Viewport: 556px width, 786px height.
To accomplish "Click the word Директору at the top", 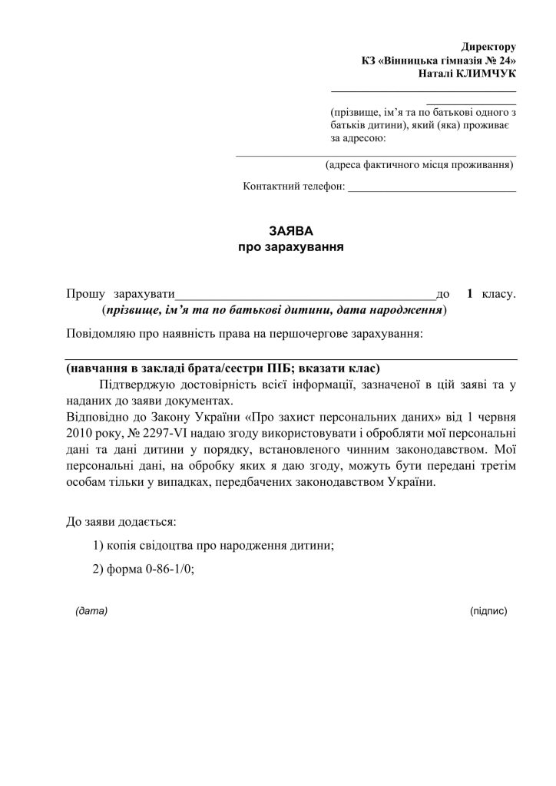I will [488, 48].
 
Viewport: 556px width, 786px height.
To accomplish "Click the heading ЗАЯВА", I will [291, 231].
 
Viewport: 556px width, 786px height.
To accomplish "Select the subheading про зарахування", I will [291, 247].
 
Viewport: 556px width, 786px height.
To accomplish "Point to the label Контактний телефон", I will [294, 187].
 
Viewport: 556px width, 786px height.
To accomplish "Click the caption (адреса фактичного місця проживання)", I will [419, 164].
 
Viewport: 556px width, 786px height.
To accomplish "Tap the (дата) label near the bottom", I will [91, 612].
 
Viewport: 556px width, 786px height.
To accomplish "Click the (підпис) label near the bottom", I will [488, 612].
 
